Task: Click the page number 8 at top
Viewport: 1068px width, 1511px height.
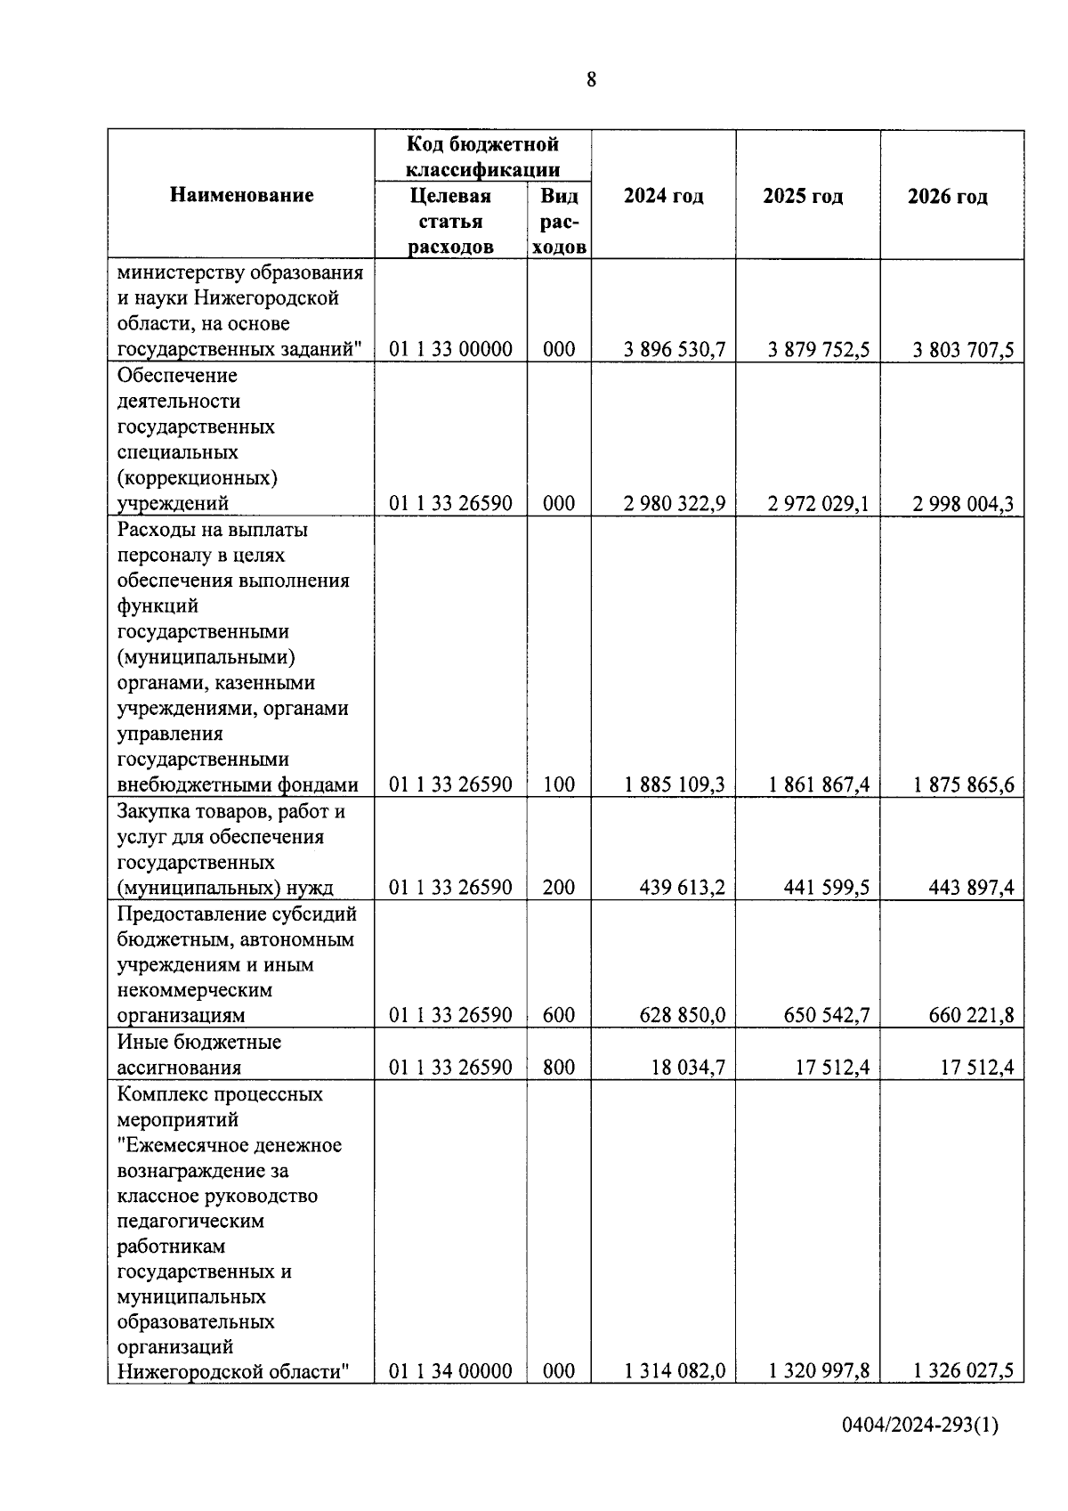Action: pos(592,80)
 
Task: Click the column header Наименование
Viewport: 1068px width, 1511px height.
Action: pos(241,195)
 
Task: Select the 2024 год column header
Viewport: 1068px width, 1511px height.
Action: pos(663,196)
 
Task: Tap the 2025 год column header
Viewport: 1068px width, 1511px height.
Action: pos(803,196)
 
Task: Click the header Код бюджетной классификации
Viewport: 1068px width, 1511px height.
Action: pos(482,156)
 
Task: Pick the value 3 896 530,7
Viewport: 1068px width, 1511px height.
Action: pos(675,350)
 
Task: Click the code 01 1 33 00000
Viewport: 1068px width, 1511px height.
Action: pos(450,350)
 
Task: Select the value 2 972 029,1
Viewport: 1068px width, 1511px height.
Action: pos(819,504)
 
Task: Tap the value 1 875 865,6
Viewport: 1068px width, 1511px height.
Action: pos(963,785)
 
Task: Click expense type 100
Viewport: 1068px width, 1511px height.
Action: pos(559,785)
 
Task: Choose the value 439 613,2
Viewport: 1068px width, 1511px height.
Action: pos(682,888)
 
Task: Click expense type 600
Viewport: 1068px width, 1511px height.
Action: pos(559,1016)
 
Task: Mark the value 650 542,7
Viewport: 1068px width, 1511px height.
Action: pos(826,1016)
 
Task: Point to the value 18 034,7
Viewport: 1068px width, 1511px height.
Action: pos(688,1068)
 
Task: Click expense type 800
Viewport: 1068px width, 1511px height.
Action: pos(559,1068)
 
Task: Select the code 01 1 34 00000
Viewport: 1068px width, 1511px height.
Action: pos(450,1371)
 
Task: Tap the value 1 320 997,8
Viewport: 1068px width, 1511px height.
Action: pos(819,1371)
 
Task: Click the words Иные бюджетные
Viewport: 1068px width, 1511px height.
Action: pos(199,1042)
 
